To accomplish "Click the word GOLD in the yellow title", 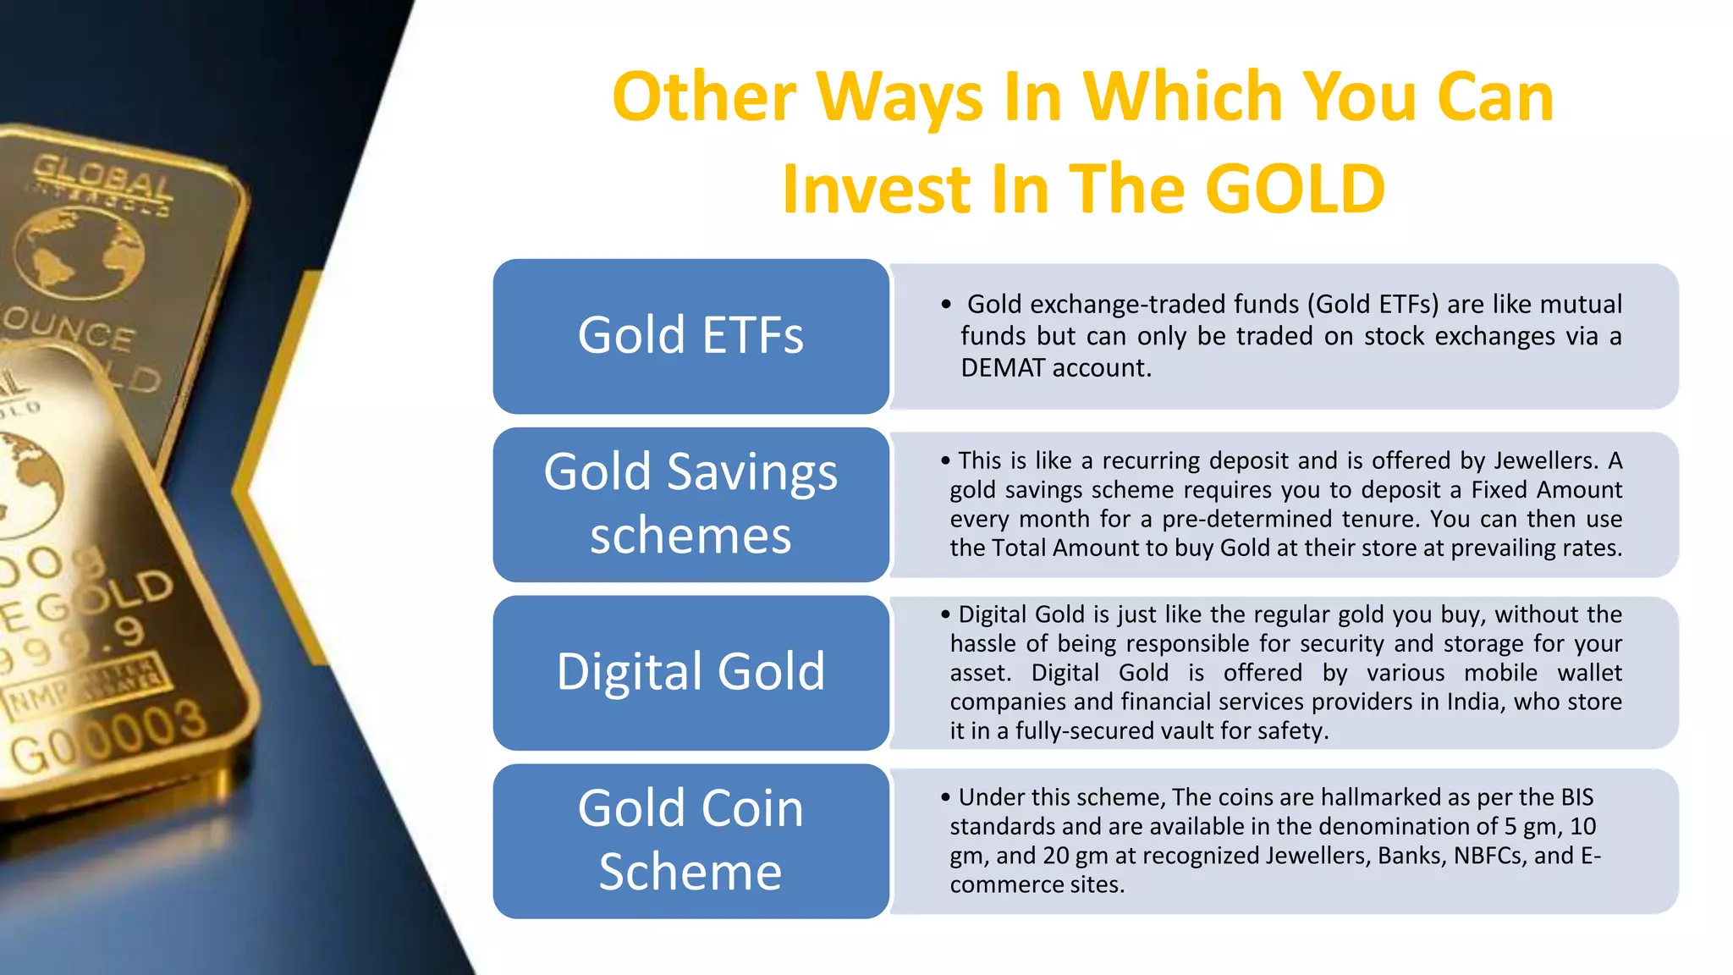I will pyautogui.click(x=1295, y=189).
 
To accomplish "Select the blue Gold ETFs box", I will pyautogui.click(x=690, y=336).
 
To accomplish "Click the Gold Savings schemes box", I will pyautogui.click(x=690, y=504).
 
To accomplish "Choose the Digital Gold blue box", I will pyautogui.click(x=690, y=673).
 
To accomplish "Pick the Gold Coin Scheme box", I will pyautogui.click(x=690, y=840).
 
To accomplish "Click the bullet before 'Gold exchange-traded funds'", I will pyautogui.click(x=946, y=305).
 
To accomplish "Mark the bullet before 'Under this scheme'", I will pyautogui.click(x=945, y=798).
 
